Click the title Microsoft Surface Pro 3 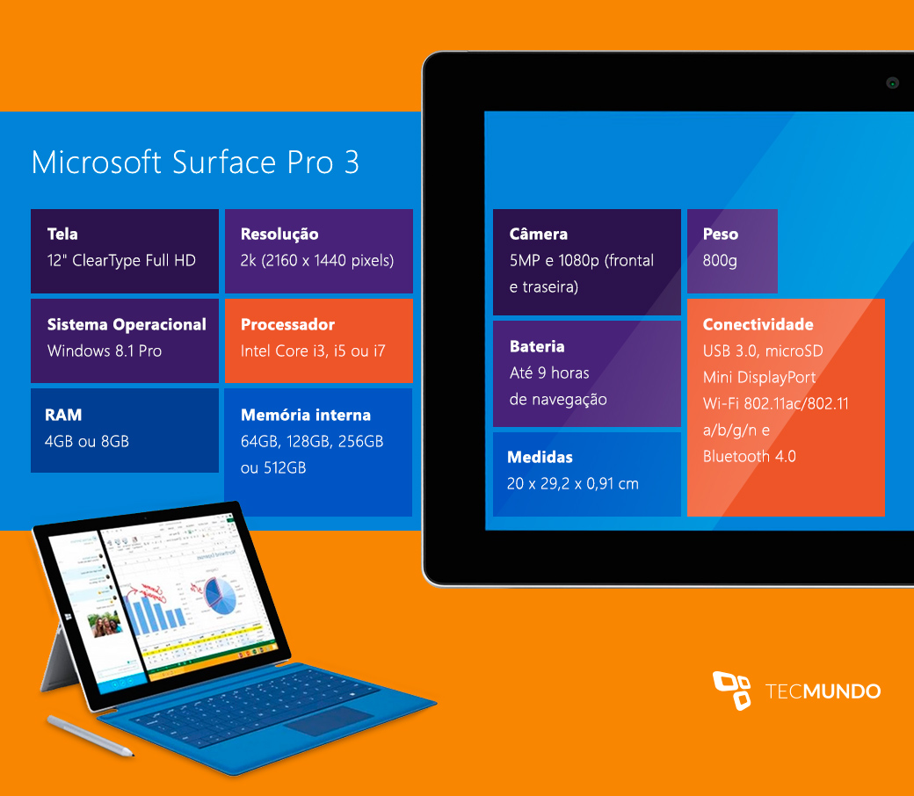pos(195,162)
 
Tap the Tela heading pos(62,234)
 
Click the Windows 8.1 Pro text pos(105,351)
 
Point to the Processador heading pos(287,324)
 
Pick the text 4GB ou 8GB pos(87,441)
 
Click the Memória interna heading pos(306,415)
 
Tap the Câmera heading pos(538,234)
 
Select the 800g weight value pos(720,260)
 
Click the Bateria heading pos(537,346)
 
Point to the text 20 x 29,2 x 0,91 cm pos(573,483)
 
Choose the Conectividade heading pos(758,324)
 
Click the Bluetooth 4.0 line pos(749,456)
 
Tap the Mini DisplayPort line pos(759,378)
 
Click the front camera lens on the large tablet pos(892,83)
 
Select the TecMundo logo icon pos(732,691)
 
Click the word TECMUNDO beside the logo pos(823,691)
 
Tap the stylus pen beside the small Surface pos(91,736)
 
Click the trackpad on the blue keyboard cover pos(328,721)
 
